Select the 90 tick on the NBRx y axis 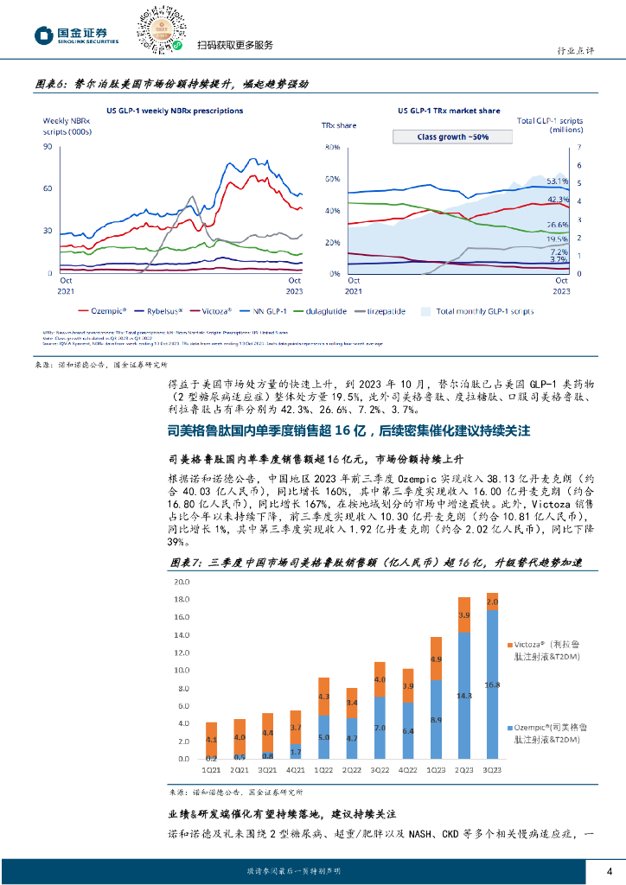tap(48, 146)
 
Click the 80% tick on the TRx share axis tap(329, 147)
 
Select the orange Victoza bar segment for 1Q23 tap(436, 659)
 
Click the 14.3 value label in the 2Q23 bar tap(464, 695)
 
